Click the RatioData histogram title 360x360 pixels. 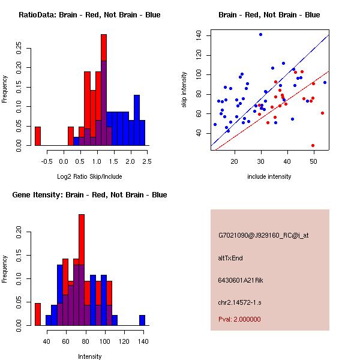[x=89, y=15]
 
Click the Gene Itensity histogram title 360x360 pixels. [x=89, y=195]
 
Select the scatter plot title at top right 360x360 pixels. [x=269, y=15]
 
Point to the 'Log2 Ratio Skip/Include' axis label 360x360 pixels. [x=89, y=176]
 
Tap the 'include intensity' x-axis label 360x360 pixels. [x=269, y=176]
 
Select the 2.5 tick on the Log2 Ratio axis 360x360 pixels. [x=147, y=161]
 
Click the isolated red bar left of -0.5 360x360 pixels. [x=38, y=136]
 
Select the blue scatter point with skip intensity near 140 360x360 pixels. [x=260, y=34]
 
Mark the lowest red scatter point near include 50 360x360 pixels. [x=313, y=145]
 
